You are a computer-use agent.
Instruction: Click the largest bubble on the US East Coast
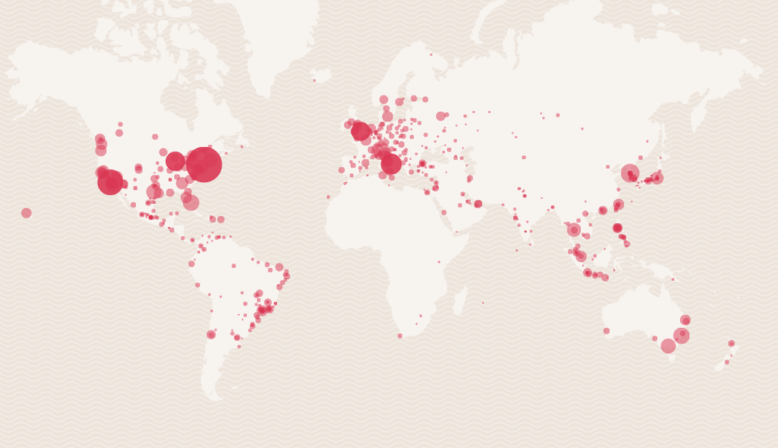pos(204,164)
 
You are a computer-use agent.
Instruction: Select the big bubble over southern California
pos(111,182)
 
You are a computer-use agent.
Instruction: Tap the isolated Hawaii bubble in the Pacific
pos(26,213)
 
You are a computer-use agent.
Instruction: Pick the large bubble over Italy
pos(391,164)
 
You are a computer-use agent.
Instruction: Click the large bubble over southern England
pos(360,131)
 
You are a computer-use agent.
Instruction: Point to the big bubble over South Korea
pos(630,173)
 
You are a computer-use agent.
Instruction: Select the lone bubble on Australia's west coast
pos(606,331)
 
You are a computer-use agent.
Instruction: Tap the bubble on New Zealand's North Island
pos(732,343)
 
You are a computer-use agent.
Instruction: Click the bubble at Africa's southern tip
pos(400,336)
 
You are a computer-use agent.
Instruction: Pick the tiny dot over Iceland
pos(314,80)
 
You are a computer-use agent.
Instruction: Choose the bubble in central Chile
pos(211,335)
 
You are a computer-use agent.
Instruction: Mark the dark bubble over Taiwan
pos(617,228)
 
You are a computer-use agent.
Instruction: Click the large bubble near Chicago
pos(175,161)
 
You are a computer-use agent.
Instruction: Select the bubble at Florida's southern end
pos(191,202)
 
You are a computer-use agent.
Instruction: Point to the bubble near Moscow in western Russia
pos(441,116)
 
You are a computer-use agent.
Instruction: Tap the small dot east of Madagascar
pos(482,303)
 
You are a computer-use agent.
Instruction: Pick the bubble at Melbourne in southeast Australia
pos(668,346)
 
